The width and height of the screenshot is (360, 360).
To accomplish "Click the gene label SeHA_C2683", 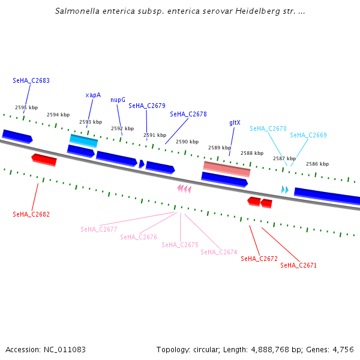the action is click(31, 80).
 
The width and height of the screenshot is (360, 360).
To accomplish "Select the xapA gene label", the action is click(93, 95).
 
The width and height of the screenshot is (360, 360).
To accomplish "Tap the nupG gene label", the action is click(118, 100).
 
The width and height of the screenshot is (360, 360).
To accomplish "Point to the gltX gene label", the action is click(235, 122).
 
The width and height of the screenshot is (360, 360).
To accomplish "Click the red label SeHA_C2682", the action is click(31, 214).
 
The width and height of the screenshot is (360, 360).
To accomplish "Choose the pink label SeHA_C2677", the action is click(99, 229).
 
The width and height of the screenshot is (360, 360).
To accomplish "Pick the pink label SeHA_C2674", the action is click(219, 252).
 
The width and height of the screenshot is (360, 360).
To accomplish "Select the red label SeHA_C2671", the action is click(298, 265).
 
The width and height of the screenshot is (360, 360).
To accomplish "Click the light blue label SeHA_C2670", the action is click(268, 128).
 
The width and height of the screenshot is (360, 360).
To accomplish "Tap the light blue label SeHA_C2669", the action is click(308, 135).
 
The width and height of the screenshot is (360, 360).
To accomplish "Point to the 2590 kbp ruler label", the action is click(187, 142).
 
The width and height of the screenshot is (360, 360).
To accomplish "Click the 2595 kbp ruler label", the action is click(26, 107).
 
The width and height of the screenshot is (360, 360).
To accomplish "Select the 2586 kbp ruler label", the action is click(317, 164).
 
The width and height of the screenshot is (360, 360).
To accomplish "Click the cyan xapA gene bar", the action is click(83, 141).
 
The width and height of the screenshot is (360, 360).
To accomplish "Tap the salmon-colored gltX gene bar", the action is click(226, 169).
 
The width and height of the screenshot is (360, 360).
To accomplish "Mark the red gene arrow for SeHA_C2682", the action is click(44, 160).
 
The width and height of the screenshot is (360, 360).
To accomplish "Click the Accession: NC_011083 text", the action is click(46, 349).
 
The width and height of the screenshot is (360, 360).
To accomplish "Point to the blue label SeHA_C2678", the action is click(188, 114).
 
